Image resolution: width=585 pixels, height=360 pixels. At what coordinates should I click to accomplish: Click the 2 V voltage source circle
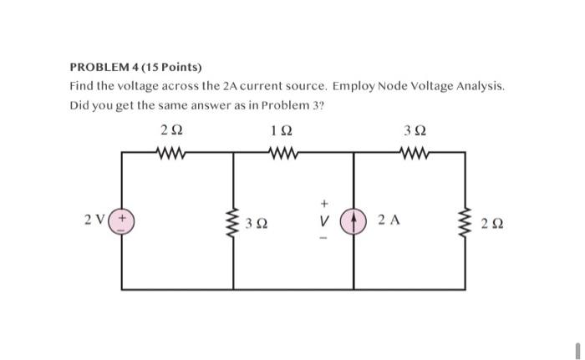point(123,221)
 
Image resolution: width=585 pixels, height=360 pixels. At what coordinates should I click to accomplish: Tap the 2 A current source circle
point(354,221)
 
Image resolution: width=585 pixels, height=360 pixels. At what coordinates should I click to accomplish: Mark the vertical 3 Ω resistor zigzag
point(233,222)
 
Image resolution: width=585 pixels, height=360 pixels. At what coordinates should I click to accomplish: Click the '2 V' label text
point(94,221)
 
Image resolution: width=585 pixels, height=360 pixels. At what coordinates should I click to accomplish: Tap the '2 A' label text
point(389,221)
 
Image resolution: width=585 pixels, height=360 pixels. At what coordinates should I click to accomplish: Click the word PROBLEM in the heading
point(99,67)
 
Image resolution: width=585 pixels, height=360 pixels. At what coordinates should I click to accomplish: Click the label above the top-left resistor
point(171,130)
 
